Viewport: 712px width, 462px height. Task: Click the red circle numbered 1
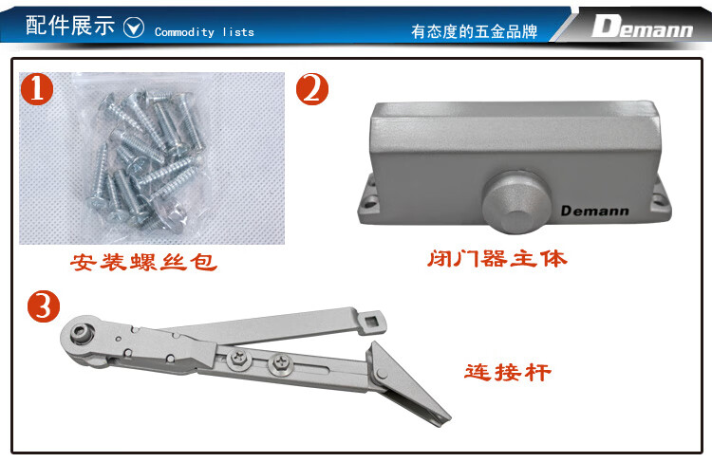coord(37,89)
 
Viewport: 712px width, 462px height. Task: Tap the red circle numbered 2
coord(312,89)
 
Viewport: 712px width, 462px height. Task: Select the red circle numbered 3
coord(44,306)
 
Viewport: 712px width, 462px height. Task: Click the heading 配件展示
coord(70,25)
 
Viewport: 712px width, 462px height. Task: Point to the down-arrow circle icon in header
coord(134,28)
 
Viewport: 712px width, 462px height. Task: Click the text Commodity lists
coord(204,32)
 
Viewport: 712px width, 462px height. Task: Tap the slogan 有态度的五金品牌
coord(474,31)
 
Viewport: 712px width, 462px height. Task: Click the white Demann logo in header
coord(642,27)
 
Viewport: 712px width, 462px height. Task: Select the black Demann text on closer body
coord(595,211)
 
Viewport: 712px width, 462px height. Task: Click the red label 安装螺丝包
coord(143,262)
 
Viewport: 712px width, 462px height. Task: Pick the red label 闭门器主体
coord(497,259)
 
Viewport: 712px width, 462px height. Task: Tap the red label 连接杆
coord(508,372)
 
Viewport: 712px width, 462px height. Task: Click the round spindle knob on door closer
coord(516,201)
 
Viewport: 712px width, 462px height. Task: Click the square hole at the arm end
coord(373,322)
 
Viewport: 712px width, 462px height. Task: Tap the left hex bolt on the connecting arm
coord(239,358)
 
